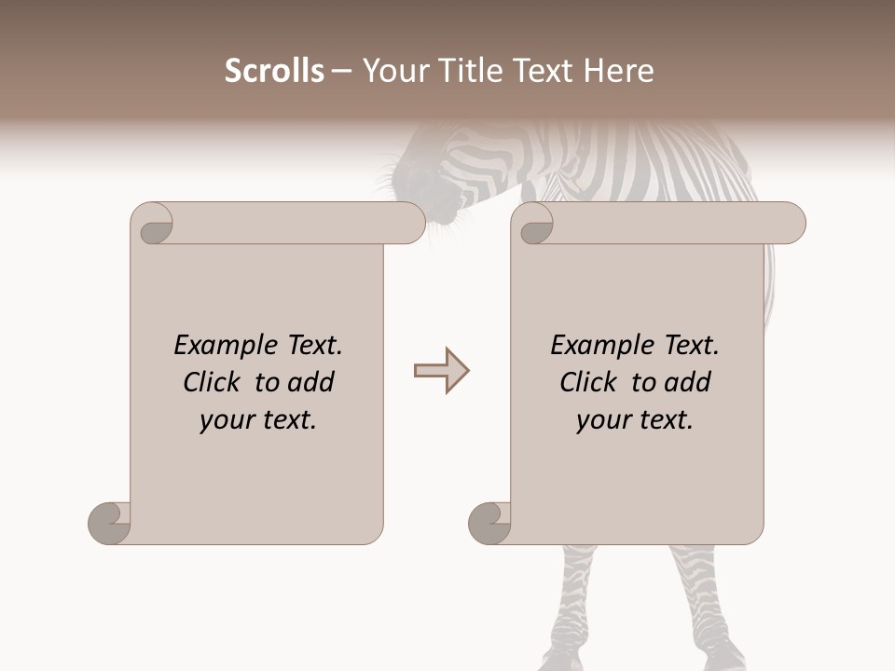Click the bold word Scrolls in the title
pos(274,71)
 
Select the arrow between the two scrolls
pos(442,371)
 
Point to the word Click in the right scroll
pos(588,382)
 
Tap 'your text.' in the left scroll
pos(258,420)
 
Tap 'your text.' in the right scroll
pos(635,420)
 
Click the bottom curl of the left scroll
pos(108,522)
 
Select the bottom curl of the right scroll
pos(489,522)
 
